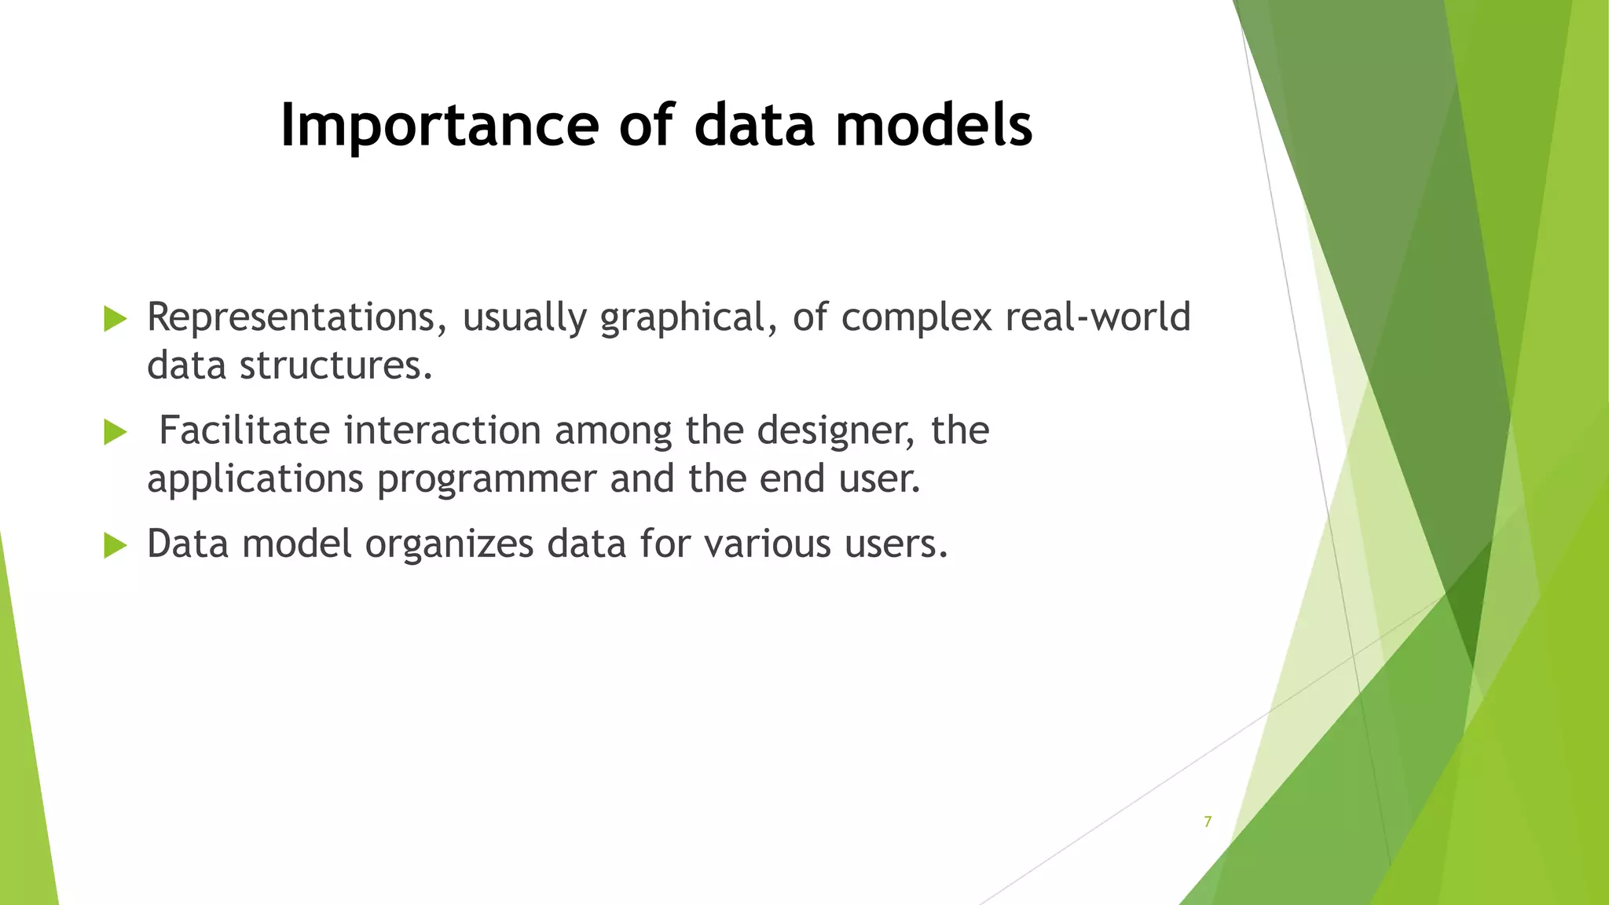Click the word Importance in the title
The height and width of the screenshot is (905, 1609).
coord(439,126)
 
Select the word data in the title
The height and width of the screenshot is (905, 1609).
coord(754,126)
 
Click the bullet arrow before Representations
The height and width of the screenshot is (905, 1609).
coord(115,319)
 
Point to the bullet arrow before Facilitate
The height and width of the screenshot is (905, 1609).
coord(115,432)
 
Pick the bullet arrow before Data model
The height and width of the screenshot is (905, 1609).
coord(115,545)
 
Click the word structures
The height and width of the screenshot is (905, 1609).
coord(335,365)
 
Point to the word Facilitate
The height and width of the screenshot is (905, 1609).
coord(244,431)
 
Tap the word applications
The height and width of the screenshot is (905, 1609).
coord(255,480)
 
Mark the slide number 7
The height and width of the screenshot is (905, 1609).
coord(1208,822)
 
